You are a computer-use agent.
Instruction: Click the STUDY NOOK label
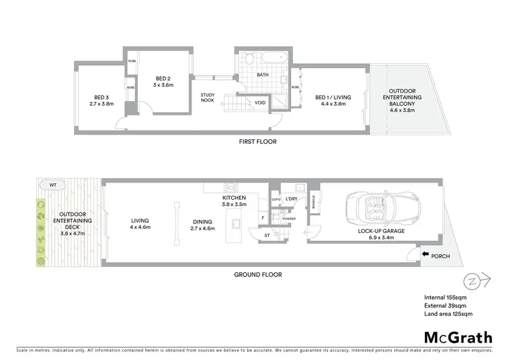[x=208, y=99]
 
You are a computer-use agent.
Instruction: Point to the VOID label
[x=260, y=103]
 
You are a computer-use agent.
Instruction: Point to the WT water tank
[x=52, y=184]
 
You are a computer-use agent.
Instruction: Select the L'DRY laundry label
[x=293, y=199]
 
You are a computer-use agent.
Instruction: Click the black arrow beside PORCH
[x=425, y=255]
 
